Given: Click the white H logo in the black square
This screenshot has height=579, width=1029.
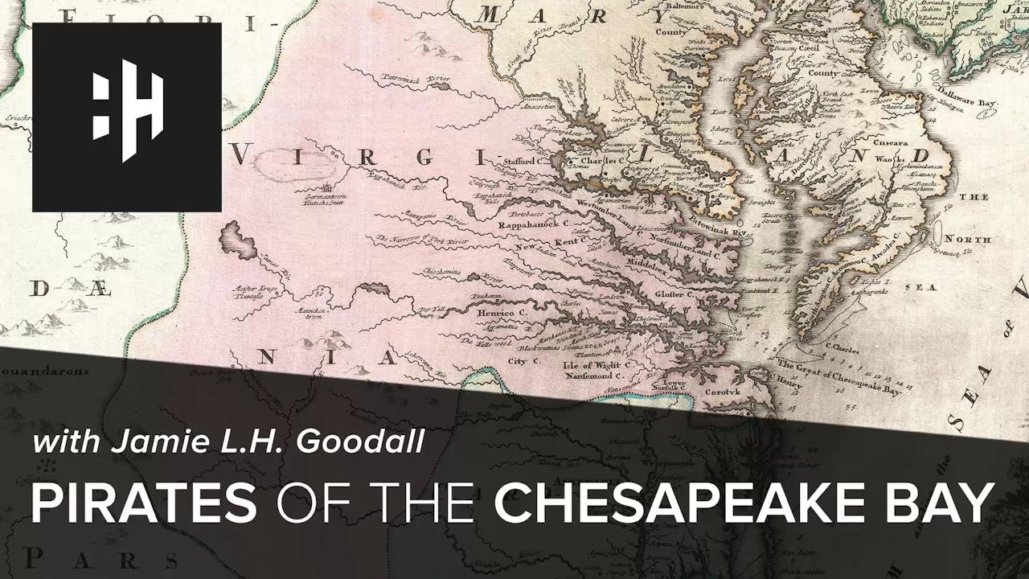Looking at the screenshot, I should tap(127, 117).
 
